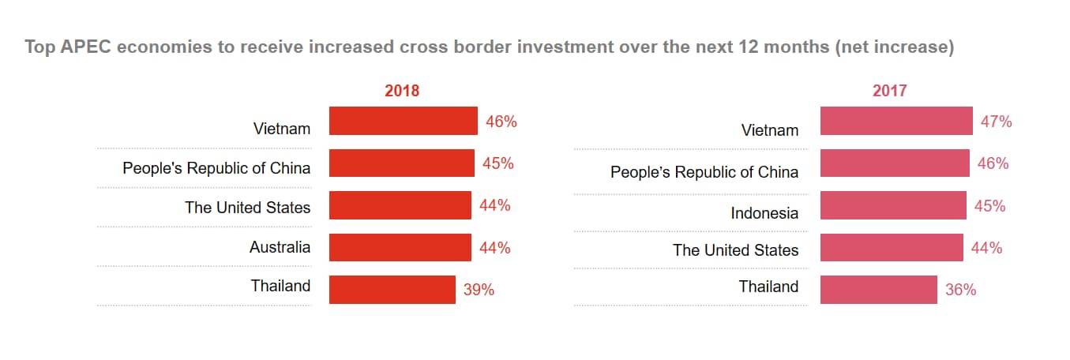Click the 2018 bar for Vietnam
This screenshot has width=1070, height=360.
pos(403,122)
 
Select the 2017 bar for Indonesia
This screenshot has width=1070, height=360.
pos(893,206)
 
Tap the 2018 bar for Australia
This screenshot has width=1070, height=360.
pos(400,248)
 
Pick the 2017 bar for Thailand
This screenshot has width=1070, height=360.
pos(878,290)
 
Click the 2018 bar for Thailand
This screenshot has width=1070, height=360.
pos(392,290)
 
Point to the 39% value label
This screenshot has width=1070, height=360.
pos(479,290)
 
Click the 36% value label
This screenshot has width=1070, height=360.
pos(960,290)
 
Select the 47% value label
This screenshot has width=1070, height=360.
pos(996,122)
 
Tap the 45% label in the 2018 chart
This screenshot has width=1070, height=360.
pos(497,163)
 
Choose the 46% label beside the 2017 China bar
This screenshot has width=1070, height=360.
pos(993,163)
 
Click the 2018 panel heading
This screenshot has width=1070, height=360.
pos(402,91)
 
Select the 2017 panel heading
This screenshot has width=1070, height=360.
pos(889,91)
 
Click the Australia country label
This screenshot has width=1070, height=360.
pos(280,247)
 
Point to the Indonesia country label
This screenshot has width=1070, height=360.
pos(764,213)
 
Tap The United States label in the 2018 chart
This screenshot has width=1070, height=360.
pos(247,208)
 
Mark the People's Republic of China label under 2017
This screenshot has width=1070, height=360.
pos(704,171)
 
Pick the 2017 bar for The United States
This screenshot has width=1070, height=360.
pos(892,248)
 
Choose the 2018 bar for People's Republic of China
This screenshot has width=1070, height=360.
pos(401,163)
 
